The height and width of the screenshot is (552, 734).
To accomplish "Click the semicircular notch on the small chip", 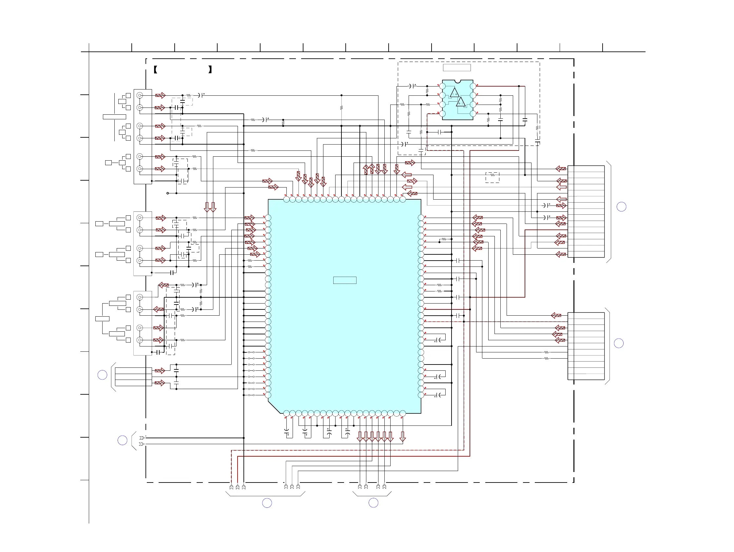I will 457,81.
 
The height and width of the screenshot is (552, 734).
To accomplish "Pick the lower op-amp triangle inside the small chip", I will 461,102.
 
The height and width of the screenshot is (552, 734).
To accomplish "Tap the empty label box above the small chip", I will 456,68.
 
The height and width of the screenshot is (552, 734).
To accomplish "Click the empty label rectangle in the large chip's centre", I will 345,281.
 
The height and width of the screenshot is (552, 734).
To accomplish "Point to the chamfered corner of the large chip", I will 274,407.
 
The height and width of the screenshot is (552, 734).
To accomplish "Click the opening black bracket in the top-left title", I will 155,69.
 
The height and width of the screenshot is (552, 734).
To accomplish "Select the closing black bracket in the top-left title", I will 210,69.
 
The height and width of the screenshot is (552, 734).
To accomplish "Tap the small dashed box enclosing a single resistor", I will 493,177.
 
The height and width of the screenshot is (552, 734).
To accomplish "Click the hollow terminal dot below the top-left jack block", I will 167,193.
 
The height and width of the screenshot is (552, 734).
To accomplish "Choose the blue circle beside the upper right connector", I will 621,207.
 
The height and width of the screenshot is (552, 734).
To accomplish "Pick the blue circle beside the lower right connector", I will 619,343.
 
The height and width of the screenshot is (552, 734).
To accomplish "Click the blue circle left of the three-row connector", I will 102,375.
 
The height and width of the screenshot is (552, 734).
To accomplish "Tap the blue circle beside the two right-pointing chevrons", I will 123,441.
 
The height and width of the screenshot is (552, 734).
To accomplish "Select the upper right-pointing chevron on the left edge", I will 142,438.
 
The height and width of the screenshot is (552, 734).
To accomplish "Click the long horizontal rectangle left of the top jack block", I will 114,117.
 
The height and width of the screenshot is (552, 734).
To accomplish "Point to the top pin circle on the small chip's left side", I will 442,86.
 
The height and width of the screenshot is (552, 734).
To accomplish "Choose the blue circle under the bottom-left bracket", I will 267,503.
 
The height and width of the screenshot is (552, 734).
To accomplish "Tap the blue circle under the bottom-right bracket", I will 373,503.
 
